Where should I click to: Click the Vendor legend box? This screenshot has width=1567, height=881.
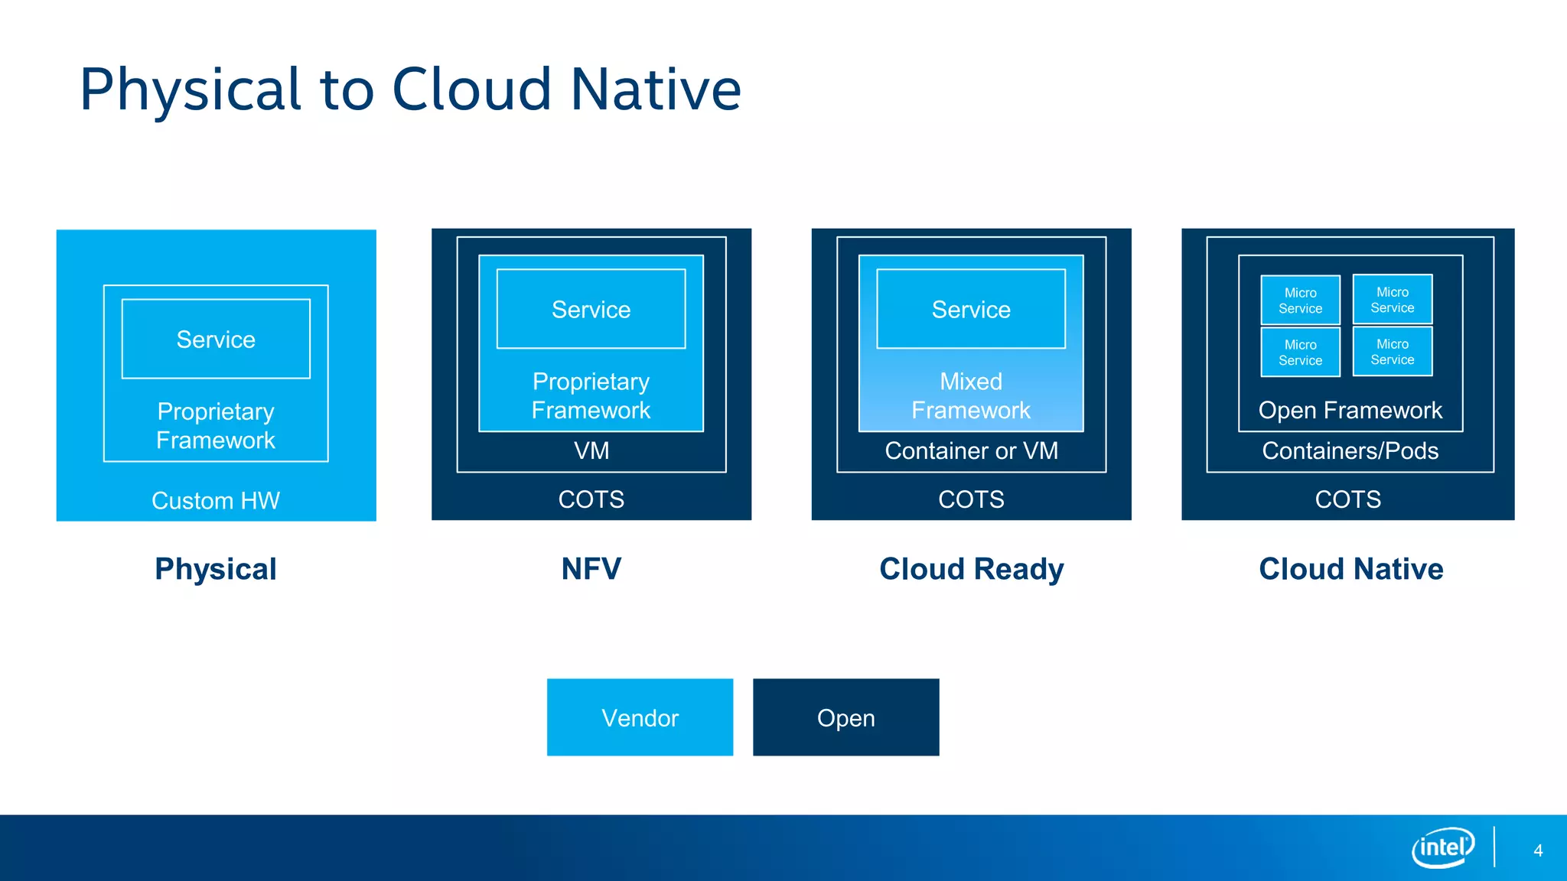[x=640, y=717]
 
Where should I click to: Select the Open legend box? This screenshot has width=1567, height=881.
[x=845, y=717]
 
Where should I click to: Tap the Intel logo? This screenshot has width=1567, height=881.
[x=1442, y=847]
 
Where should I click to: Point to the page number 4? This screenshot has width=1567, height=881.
[x=1538, y=850]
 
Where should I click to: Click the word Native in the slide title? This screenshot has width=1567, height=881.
[x=656, y=89]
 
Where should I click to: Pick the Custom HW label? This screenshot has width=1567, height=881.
[x=216, y=500]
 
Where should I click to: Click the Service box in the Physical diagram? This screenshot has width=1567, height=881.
[x=216, y=339]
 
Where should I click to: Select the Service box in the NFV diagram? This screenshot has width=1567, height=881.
[x=591, y=309]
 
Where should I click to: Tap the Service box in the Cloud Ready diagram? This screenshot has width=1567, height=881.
[x=971, y=309]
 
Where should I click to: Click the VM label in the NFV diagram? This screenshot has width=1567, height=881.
[x=591, y=450]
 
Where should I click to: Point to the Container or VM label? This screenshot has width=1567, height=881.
[x=971, y=450]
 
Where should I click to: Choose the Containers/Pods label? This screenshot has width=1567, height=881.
[x=1350, y=450]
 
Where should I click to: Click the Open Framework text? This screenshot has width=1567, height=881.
[x=1350, y=410]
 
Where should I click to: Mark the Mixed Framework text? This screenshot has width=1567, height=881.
[x=971, y=395]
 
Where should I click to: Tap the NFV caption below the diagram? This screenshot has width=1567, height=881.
[x=591, y=569]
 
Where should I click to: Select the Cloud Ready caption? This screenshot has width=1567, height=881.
[x=971, y=569]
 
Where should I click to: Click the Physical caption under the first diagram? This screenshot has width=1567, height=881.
[x=216, y=569]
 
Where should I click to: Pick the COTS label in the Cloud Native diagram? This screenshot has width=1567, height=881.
[x=1347, y=499]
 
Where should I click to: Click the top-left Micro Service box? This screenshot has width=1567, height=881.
[x=1300, y=300]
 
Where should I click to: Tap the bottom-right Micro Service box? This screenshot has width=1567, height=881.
[x=1392, y=352]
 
